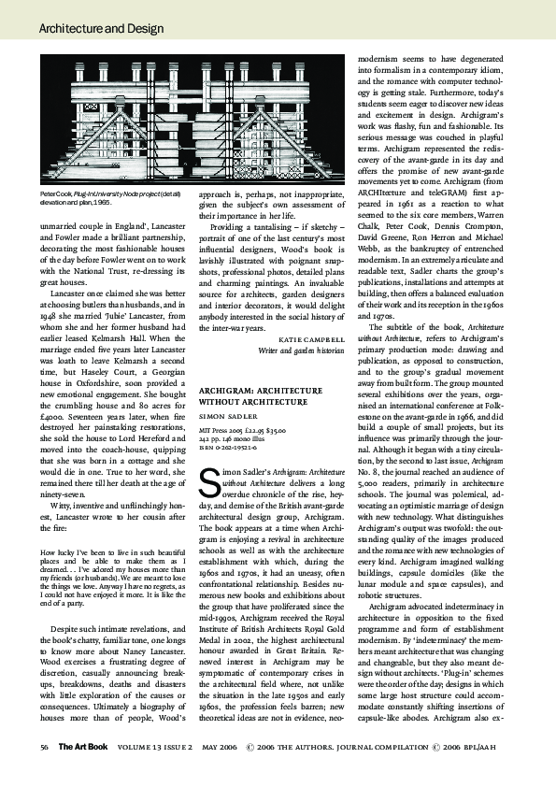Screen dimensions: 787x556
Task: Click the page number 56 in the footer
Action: (x=44, y=747)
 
